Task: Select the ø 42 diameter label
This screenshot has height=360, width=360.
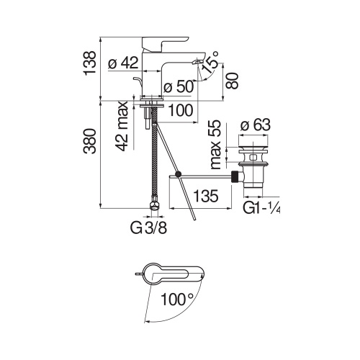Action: pos(122,63)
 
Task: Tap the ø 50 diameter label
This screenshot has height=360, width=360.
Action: pos(176,88)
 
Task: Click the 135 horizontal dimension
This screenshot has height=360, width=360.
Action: pos(207,194)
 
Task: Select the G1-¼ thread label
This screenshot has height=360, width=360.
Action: pos(260,209)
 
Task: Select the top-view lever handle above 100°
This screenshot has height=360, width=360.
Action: pos(173,274)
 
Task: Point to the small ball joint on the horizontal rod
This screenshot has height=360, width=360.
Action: pos(177,174)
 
